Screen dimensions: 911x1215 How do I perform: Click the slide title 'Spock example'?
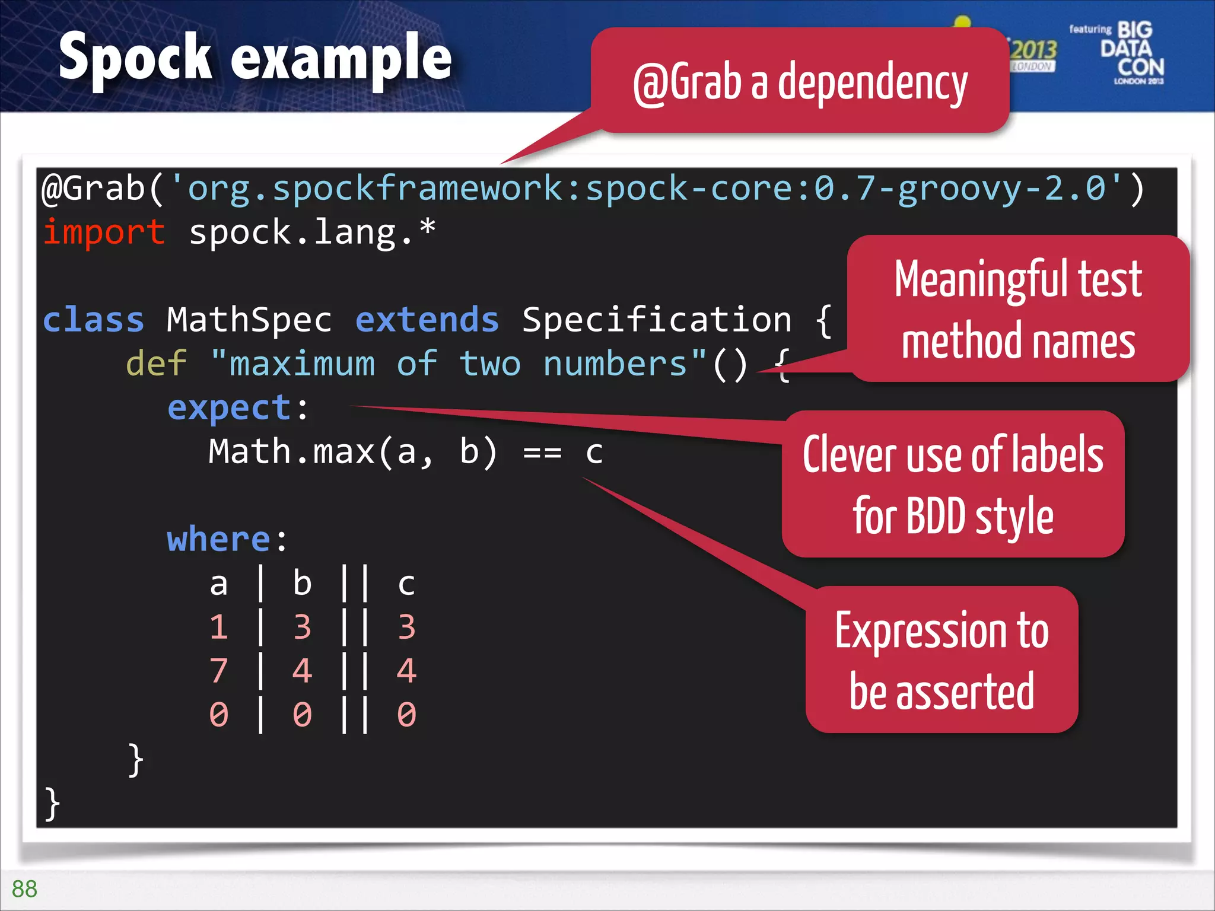pos(255,58)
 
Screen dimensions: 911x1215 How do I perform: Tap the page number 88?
pos(24,888)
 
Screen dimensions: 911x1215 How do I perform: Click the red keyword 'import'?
pos(104,232)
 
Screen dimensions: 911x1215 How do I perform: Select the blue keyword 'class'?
pos(94,320)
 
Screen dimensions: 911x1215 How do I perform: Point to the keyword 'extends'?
pos(427,320)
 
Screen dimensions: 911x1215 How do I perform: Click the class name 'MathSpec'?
pos(249,320)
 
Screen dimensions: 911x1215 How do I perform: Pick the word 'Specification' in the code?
pos(657,320)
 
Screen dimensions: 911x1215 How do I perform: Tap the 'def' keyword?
pos(157,364)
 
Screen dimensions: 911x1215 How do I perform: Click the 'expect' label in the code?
pos(230,408)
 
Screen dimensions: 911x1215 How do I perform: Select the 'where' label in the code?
pos(219,540)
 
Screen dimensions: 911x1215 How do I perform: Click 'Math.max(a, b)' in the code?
pos(352,452)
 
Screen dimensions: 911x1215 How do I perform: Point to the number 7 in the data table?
pos(219,671)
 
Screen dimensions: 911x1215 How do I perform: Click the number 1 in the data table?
pos(219,627)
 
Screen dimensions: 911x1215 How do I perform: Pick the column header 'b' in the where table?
pos(302,584)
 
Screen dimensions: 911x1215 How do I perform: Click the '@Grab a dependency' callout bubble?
pos(800,82)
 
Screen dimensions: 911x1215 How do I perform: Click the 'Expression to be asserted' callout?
pos(942,660)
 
